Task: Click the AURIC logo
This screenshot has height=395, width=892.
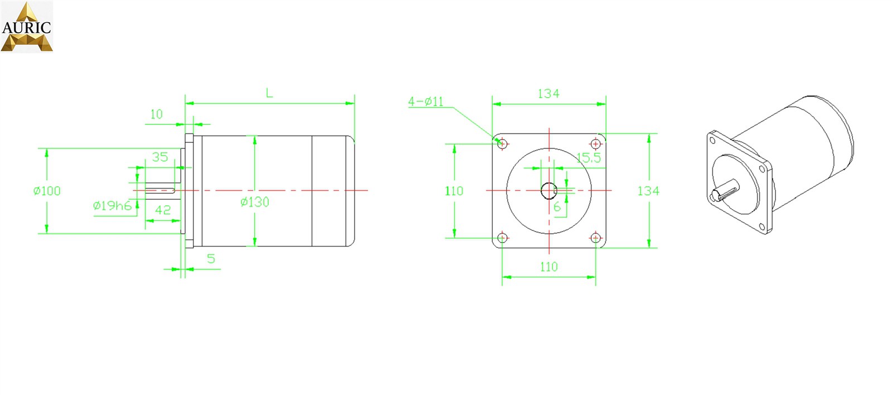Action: click(x=26, y=26)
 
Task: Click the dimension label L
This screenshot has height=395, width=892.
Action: click(x=269, y=93)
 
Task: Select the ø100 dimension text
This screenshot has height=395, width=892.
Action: click(x=47, y=191)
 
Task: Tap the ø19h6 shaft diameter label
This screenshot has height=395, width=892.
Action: click(x=112, y=206)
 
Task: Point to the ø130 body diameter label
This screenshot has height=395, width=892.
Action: click(x=255, y=202)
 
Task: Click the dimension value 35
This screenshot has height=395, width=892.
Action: click(x=160, y=157)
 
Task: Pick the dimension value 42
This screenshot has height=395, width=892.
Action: click(x=163, y=210)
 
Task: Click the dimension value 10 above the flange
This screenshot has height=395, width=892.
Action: click(x=156, y=114)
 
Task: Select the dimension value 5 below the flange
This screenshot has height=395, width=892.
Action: click(x=211, y=259)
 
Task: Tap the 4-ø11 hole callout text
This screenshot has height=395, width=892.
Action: click(x=426, y=102)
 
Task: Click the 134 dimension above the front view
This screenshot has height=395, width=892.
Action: click(x=549, y=94)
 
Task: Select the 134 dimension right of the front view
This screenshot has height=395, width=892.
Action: click(x=648, y=191)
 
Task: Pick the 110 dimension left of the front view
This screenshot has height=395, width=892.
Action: click(x=454, y=191)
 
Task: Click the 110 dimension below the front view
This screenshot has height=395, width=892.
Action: click(x=549, y=267)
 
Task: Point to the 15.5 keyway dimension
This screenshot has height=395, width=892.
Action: click(x=589, y=158)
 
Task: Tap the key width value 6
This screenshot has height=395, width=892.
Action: click(x=557, y=207)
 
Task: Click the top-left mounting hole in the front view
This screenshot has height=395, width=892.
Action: click(x=502, y=144)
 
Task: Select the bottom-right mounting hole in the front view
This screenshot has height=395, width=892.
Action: click(x=595, y=238)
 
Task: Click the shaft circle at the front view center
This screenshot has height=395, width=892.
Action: click(x=549, y=191)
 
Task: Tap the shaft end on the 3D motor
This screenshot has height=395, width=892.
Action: click(x=716, y=195)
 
